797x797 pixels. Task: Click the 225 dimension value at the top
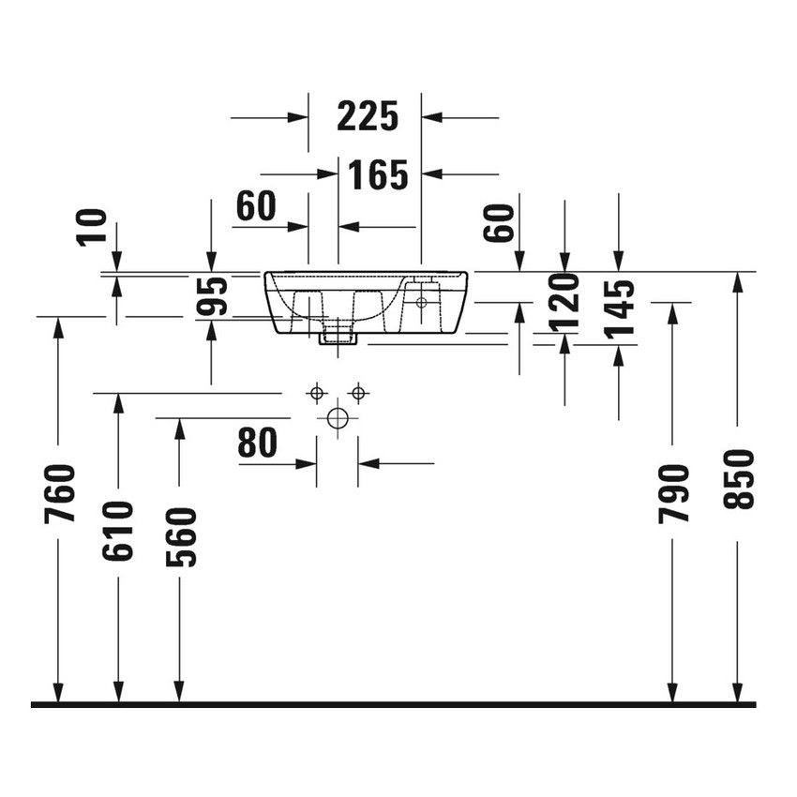tap(368, 117)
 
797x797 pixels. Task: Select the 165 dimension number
tap(378, 174)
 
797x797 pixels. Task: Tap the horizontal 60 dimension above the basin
tap(256, 206)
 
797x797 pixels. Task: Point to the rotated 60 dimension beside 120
tap(502, 223)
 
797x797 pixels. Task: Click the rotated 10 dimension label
tap(95, 228)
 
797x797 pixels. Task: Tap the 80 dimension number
tap(258, 444)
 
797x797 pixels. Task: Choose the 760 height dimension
tap(59, 494)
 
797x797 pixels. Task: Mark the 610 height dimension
tap(119, 531)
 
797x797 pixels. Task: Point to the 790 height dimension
tap(673, 493)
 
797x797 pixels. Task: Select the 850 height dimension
tap(739, 479)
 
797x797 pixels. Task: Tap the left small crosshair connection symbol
tap(317, 391)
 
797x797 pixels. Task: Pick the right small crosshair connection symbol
tap(357, 391)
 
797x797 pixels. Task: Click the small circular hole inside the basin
tap(421, 302)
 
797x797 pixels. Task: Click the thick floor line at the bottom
tap(394, 703)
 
